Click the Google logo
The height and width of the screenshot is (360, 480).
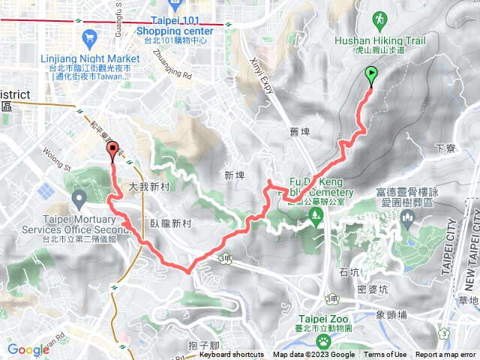tap(28, 349)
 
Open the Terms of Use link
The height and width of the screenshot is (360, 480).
tap(385, 355)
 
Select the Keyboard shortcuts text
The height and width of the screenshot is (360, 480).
tap(231, 355)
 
